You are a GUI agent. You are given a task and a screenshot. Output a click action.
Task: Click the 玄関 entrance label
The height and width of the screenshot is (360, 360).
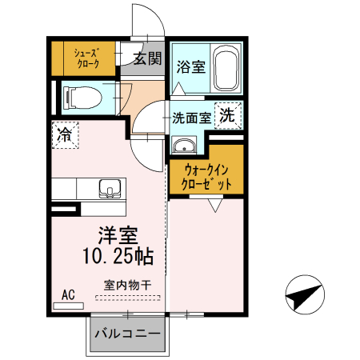click(147, 58)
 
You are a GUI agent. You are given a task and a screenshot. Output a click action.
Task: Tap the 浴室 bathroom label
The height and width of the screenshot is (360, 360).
click(192, 66)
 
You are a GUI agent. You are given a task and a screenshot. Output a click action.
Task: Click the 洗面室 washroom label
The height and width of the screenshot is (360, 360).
click(192, 117)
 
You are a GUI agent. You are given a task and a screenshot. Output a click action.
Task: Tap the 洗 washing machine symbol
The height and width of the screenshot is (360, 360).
click(228, 115)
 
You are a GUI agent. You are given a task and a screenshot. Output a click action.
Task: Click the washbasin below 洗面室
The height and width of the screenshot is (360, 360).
click(186, 146)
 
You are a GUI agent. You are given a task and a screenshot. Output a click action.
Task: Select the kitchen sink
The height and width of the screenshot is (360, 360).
click(108, 189)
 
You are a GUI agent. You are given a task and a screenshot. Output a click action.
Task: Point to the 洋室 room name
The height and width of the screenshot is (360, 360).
click(118, 236)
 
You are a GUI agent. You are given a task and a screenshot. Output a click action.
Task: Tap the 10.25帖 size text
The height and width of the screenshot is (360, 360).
click(118, 257)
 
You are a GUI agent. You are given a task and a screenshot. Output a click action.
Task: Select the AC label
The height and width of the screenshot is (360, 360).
click(68, 295)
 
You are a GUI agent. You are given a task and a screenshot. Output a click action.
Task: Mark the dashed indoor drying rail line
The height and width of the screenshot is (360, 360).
click(128, 297)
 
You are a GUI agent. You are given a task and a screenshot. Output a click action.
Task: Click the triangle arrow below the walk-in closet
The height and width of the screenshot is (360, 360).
click(214, 205)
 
